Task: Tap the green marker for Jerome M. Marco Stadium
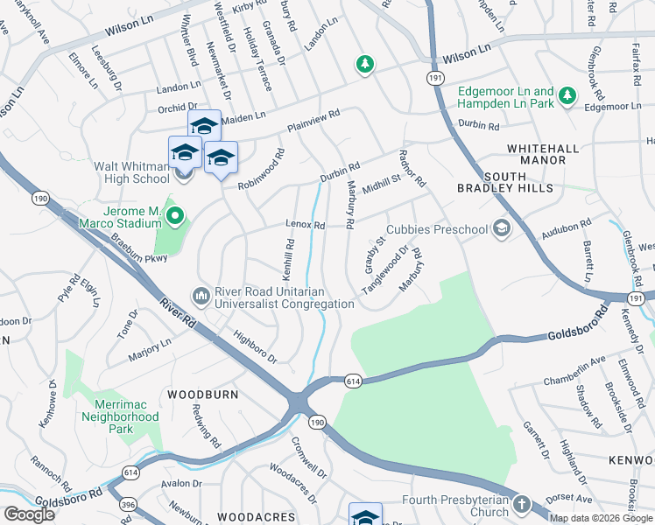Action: click(x=174, y=214)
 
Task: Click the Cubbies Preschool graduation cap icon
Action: click(x=502, y=229)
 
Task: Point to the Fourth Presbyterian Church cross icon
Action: click(x=522, y=505)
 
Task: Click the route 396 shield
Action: click(x=128, y=505)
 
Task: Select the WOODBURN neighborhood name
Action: click(x=202, y=395)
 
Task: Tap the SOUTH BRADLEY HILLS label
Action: click(x=505, y=187)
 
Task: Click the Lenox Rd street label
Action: click(x=306, y=225)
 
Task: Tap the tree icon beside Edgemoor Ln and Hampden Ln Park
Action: click(x=567, y=95)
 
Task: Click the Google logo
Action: click(x=29, y=514)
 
